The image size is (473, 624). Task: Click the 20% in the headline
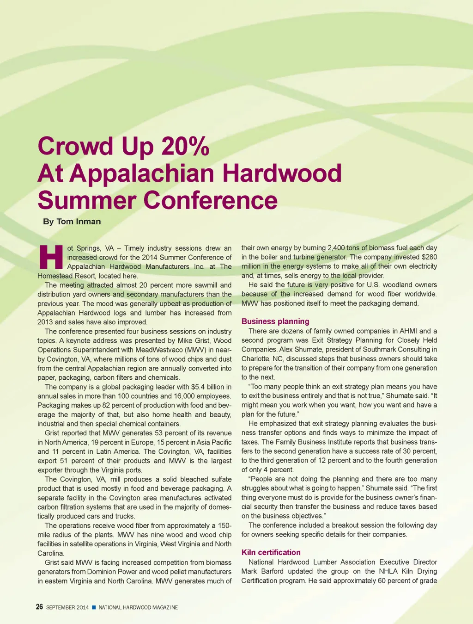tap(185, 146)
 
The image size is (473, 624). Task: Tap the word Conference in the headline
tap(210, 200)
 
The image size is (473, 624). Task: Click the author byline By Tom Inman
tap(72, 222)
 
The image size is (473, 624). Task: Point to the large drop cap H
tap(51, 258)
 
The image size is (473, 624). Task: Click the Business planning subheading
tap(275, 321)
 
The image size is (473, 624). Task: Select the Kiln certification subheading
tap(271, 552)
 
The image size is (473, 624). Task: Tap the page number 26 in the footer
tap(40, 607)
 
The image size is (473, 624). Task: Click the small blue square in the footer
tap(93, 607)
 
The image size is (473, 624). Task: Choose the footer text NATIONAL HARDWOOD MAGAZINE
tap(138, 607)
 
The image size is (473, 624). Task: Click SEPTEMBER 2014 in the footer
tap(67, 607)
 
